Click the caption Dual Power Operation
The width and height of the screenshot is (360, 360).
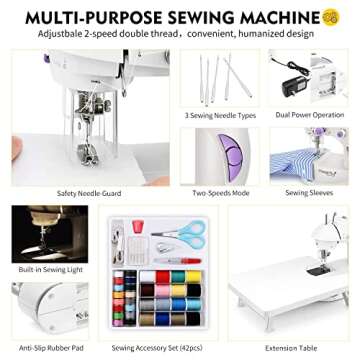click(309, 115)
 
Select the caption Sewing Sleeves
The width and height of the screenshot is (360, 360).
click(309, 192)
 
